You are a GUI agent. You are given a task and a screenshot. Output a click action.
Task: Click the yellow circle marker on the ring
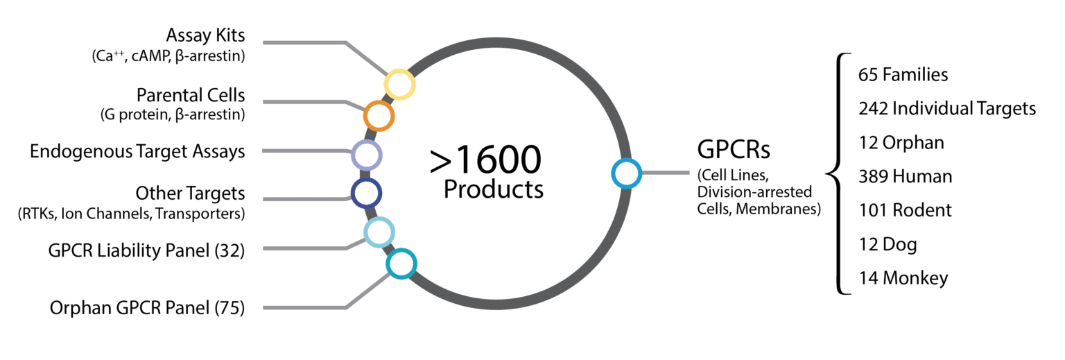[399, 85]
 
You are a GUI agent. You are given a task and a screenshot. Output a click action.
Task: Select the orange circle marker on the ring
[379, 116]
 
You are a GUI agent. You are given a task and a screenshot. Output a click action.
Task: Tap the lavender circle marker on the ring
[366, 155]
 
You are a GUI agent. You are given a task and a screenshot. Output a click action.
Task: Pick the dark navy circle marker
[366, 193]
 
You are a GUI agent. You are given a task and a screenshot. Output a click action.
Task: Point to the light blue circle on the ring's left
[379, 232]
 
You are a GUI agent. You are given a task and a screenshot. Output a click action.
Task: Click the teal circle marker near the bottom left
[400, 264]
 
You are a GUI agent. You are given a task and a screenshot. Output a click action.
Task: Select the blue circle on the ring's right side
[627, 173]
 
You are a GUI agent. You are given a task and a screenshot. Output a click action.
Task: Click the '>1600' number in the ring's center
[485, 161]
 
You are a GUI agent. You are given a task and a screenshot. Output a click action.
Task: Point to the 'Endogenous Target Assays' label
[138, 152]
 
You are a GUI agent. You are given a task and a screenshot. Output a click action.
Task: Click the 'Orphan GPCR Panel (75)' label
[148, 308]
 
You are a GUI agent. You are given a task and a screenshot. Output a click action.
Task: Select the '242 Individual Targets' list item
[947, 109]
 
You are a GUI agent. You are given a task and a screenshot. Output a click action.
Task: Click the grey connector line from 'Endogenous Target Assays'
[298, 152]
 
